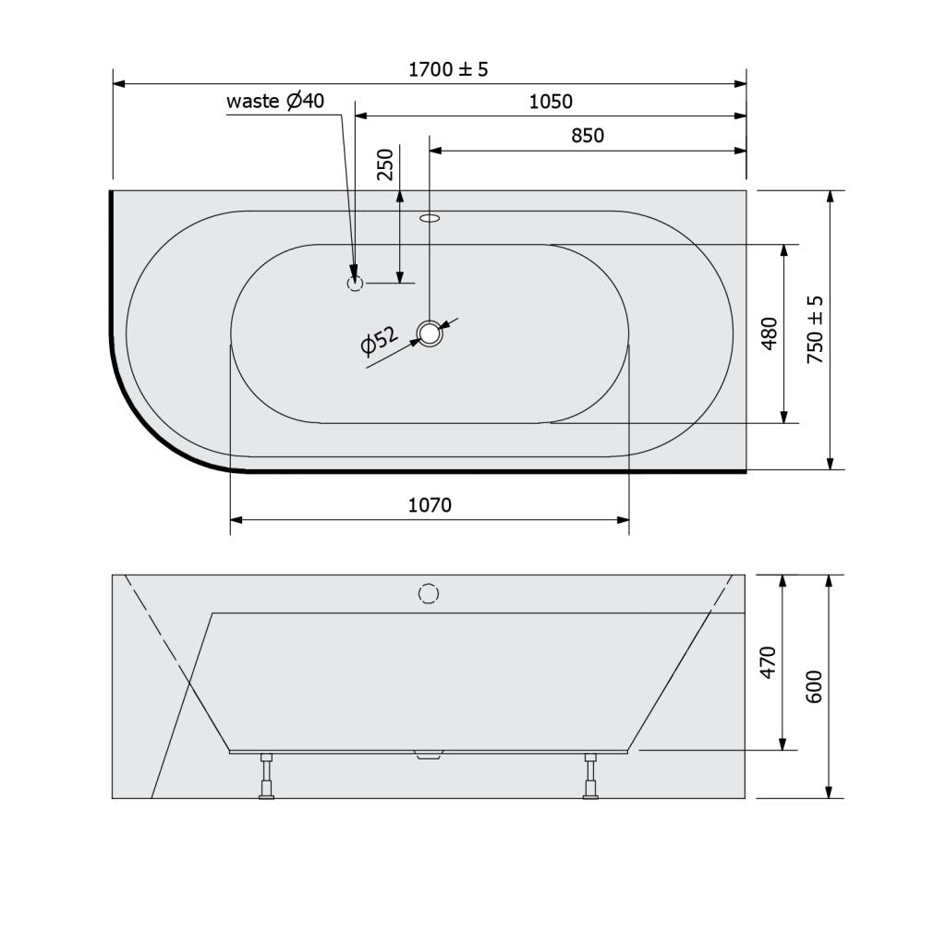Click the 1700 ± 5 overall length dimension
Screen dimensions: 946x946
point(448,69)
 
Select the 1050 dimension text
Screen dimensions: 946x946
point(551,102)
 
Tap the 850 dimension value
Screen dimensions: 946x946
point(588,135)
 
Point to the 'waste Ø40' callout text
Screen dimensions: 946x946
point(275,101)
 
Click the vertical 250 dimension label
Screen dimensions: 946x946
point(385,164)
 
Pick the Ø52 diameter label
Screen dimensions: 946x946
point(379,341)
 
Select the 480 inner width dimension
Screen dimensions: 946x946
point(770,334)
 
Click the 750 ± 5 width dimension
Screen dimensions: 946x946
point(815,329)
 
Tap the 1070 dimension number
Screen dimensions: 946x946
point(430,504)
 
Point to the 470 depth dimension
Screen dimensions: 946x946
point(768,662)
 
